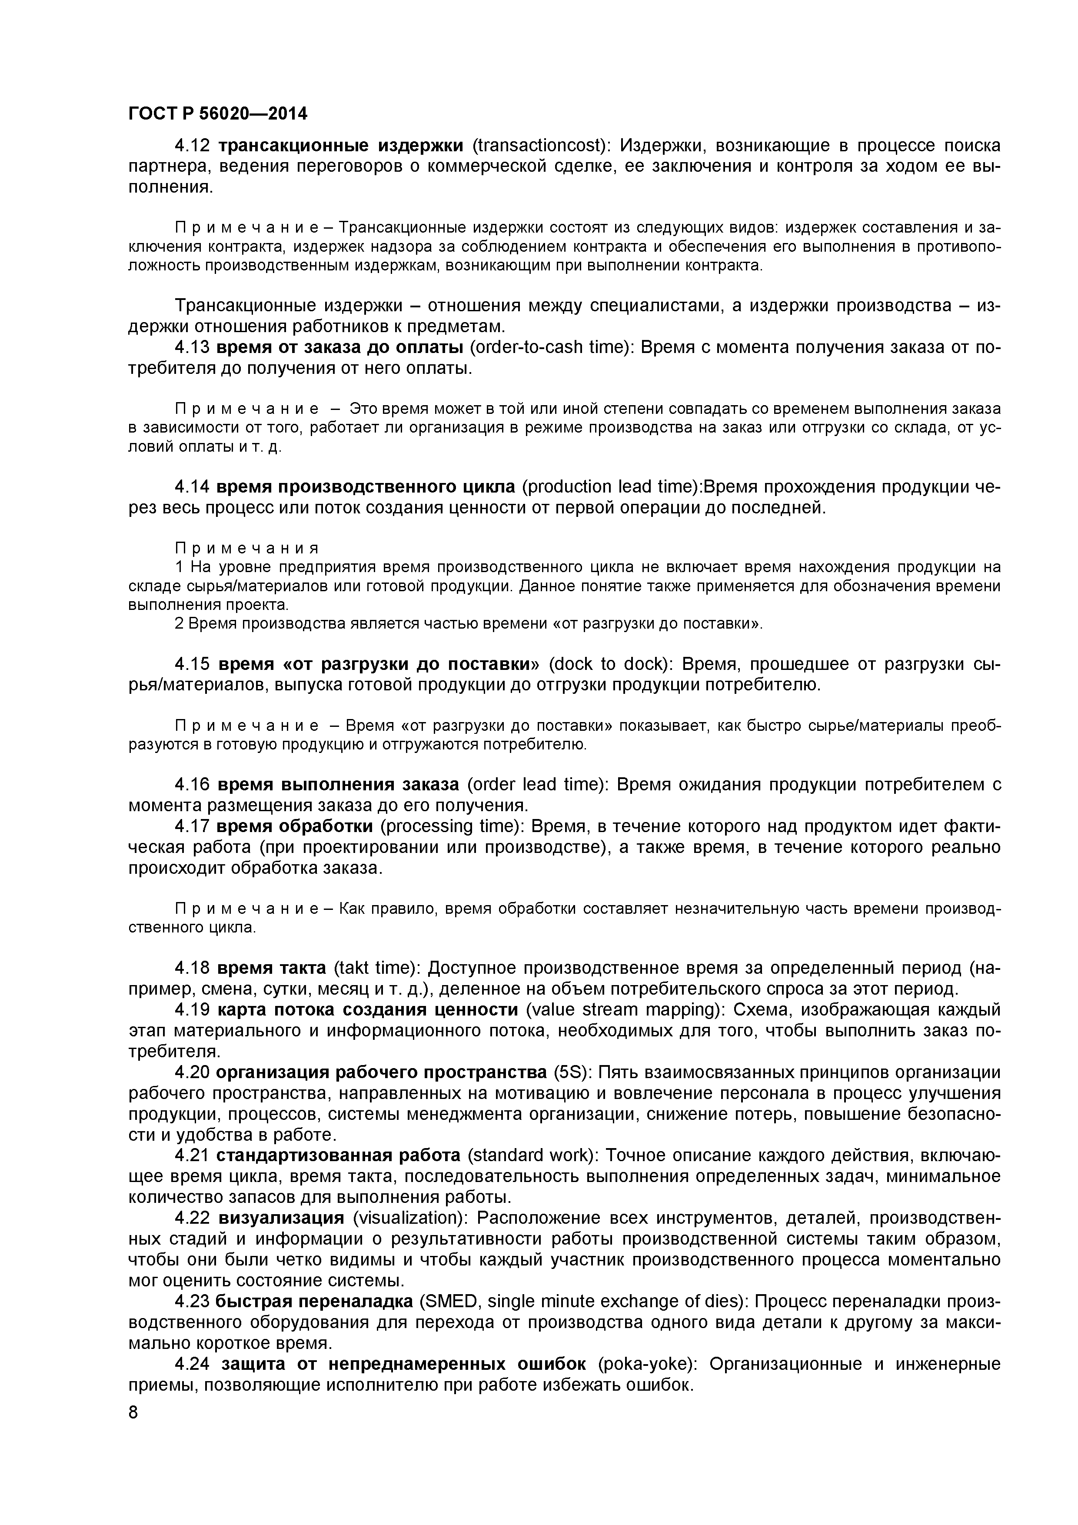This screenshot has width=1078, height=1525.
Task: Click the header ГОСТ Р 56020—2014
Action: pos(218,114)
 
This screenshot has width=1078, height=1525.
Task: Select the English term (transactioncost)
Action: pos(541,146)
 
